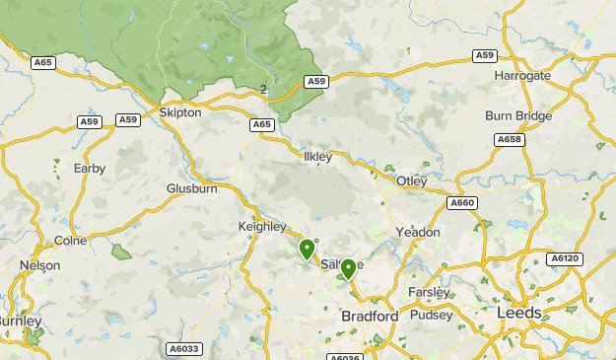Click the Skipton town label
pos(179,112)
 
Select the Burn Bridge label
pos(518,115)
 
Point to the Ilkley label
pos(318,157)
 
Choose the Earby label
pos(90,168)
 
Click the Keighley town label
pos(262,226)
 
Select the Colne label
pos(70,240)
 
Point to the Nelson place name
pos(39,265)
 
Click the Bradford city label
pos(369,316)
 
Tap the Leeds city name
pos(519,312)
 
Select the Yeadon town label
pos(417,232)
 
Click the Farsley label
pos(431,292)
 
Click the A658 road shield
pos(509,140)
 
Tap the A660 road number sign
pos(462,202)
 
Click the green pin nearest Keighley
pos(308,250)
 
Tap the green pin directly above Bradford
pos(348,268)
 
